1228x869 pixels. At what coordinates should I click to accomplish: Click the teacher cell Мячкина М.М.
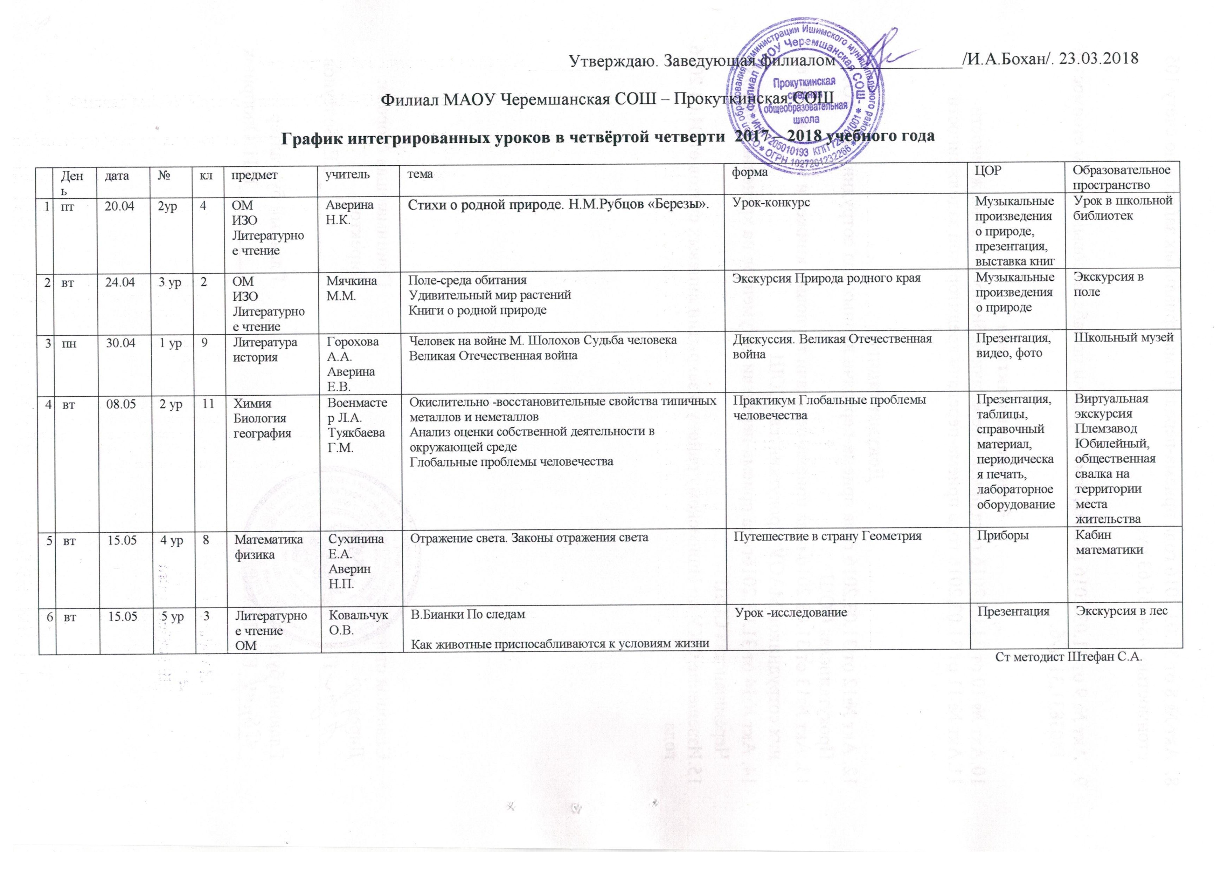point(352,288)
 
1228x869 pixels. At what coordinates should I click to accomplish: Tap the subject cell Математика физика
point(269,547)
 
